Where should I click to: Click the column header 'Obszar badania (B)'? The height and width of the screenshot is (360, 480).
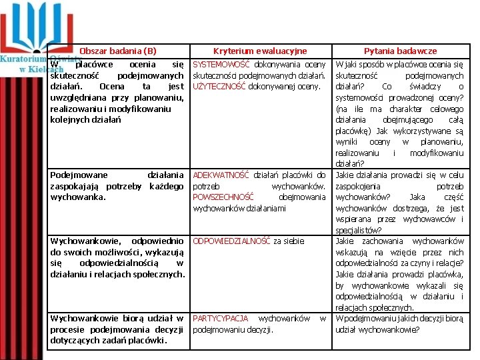117,51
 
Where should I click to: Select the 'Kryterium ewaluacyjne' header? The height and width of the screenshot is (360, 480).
260,51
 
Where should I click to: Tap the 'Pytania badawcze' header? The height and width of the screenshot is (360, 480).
400,51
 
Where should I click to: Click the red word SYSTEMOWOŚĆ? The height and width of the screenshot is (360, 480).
221,65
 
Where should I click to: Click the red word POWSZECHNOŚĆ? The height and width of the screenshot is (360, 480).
223,197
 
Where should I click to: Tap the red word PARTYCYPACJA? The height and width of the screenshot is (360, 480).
220,318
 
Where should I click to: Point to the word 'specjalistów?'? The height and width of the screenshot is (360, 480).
359,230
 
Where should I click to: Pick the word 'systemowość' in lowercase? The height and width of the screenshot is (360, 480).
359,97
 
